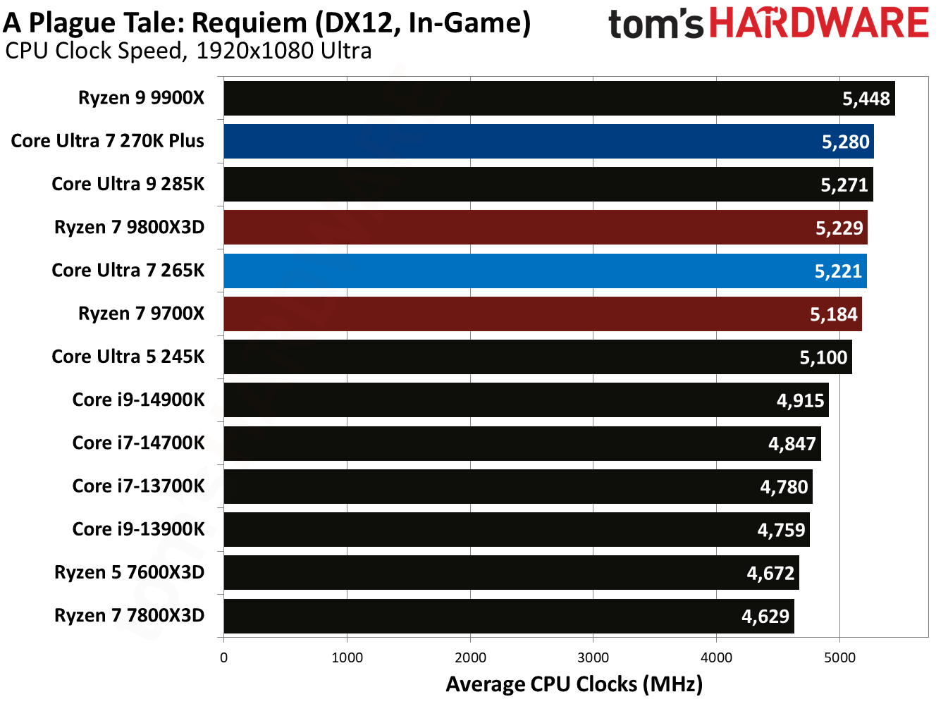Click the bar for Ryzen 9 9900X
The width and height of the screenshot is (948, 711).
coord(529,99)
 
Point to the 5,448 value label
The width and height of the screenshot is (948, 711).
coord(866,99)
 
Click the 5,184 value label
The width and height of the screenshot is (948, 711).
coord(833,314)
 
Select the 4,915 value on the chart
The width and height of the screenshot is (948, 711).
coord(800,400)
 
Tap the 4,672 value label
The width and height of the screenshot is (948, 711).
coord(770,573)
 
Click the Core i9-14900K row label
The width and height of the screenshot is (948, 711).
coord(138,400)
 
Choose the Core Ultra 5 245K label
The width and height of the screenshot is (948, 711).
coord(128,357)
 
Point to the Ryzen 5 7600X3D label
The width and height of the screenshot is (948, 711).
coord(129,572)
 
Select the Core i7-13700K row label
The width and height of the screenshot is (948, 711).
coord(138,486)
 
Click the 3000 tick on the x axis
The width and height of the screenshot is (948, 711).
coord(593,657)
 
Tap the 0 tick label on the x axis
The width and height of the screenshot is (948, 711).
coord(224,657)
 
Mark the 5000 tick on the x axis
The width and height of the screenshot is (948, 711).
coord(839,657)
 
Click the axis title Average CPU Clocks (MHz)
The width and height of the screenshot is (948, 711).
coord(574,684)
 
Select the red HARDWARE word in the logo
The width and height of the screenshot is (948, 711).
coord(818,23)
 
